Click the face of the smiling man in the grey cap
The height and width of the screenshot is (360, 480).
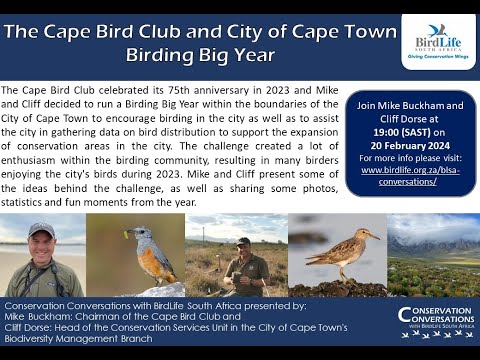[x=42, y=244]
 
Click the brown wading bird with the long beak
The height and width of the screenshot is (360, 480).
[x=340, y=259]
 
